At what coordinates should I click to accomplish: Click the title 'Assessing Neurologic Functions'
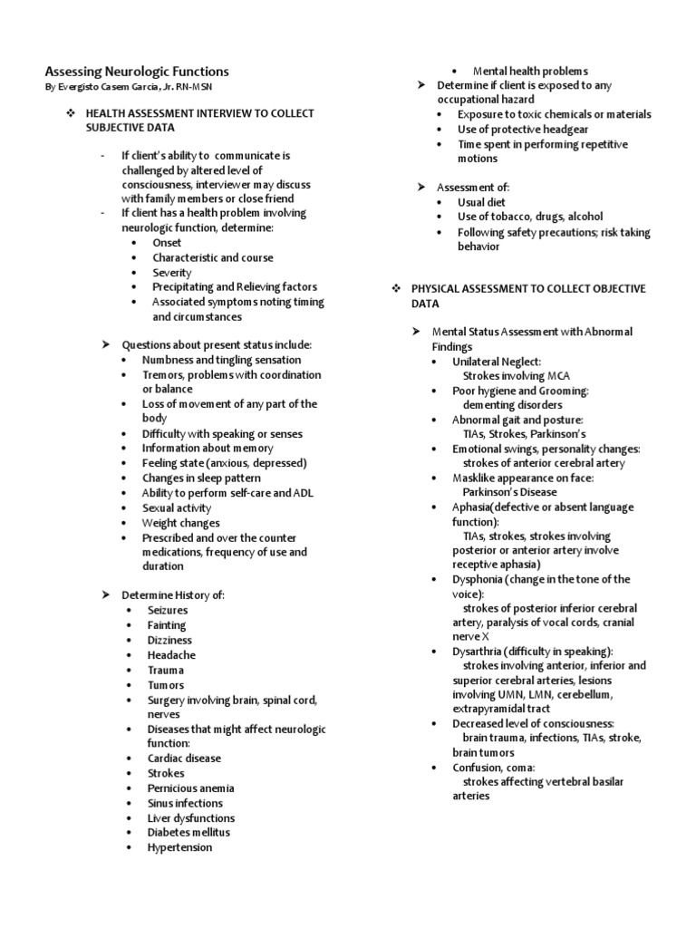[x=137, y=71]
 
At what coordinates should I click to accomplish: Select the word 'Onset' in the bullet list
[x=167, y=243]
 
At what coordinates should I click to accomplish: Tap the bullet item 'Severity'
[x=171, y=272]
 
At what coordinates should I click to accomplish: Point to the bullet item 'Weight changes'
[x=180, y=523]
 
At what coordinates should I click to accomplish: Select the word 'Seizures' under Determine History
[x=168, y=610]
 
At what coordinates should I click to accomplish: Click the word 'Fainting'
[x=167, y=625]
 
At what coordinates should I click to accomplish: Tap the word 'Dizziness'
[x=170, y=640]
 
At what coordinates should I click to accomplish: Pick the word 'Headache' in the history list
[x=171, y=654]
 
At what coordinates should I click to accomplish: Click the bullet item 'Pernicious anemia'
[x=190, y=788]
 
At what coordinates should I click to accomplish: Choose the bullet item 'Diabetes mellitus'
[x=188, y=832]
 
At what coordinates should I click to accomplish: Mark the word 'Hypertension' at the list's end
[x=179, y=847]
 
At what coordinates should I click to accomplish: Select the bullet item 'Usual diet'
[x=481, y=202]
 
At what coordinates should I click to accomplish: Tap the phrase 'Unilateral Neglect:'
[x=497, y=361]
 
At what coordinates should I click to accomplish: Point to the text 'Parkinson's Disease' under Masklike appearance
[x=509, y=492]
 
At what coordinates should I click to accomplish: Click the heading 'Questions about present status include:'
[x=217, y=345]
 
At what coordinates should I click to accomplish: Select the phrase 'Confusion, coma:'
[x=494, y=767]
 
